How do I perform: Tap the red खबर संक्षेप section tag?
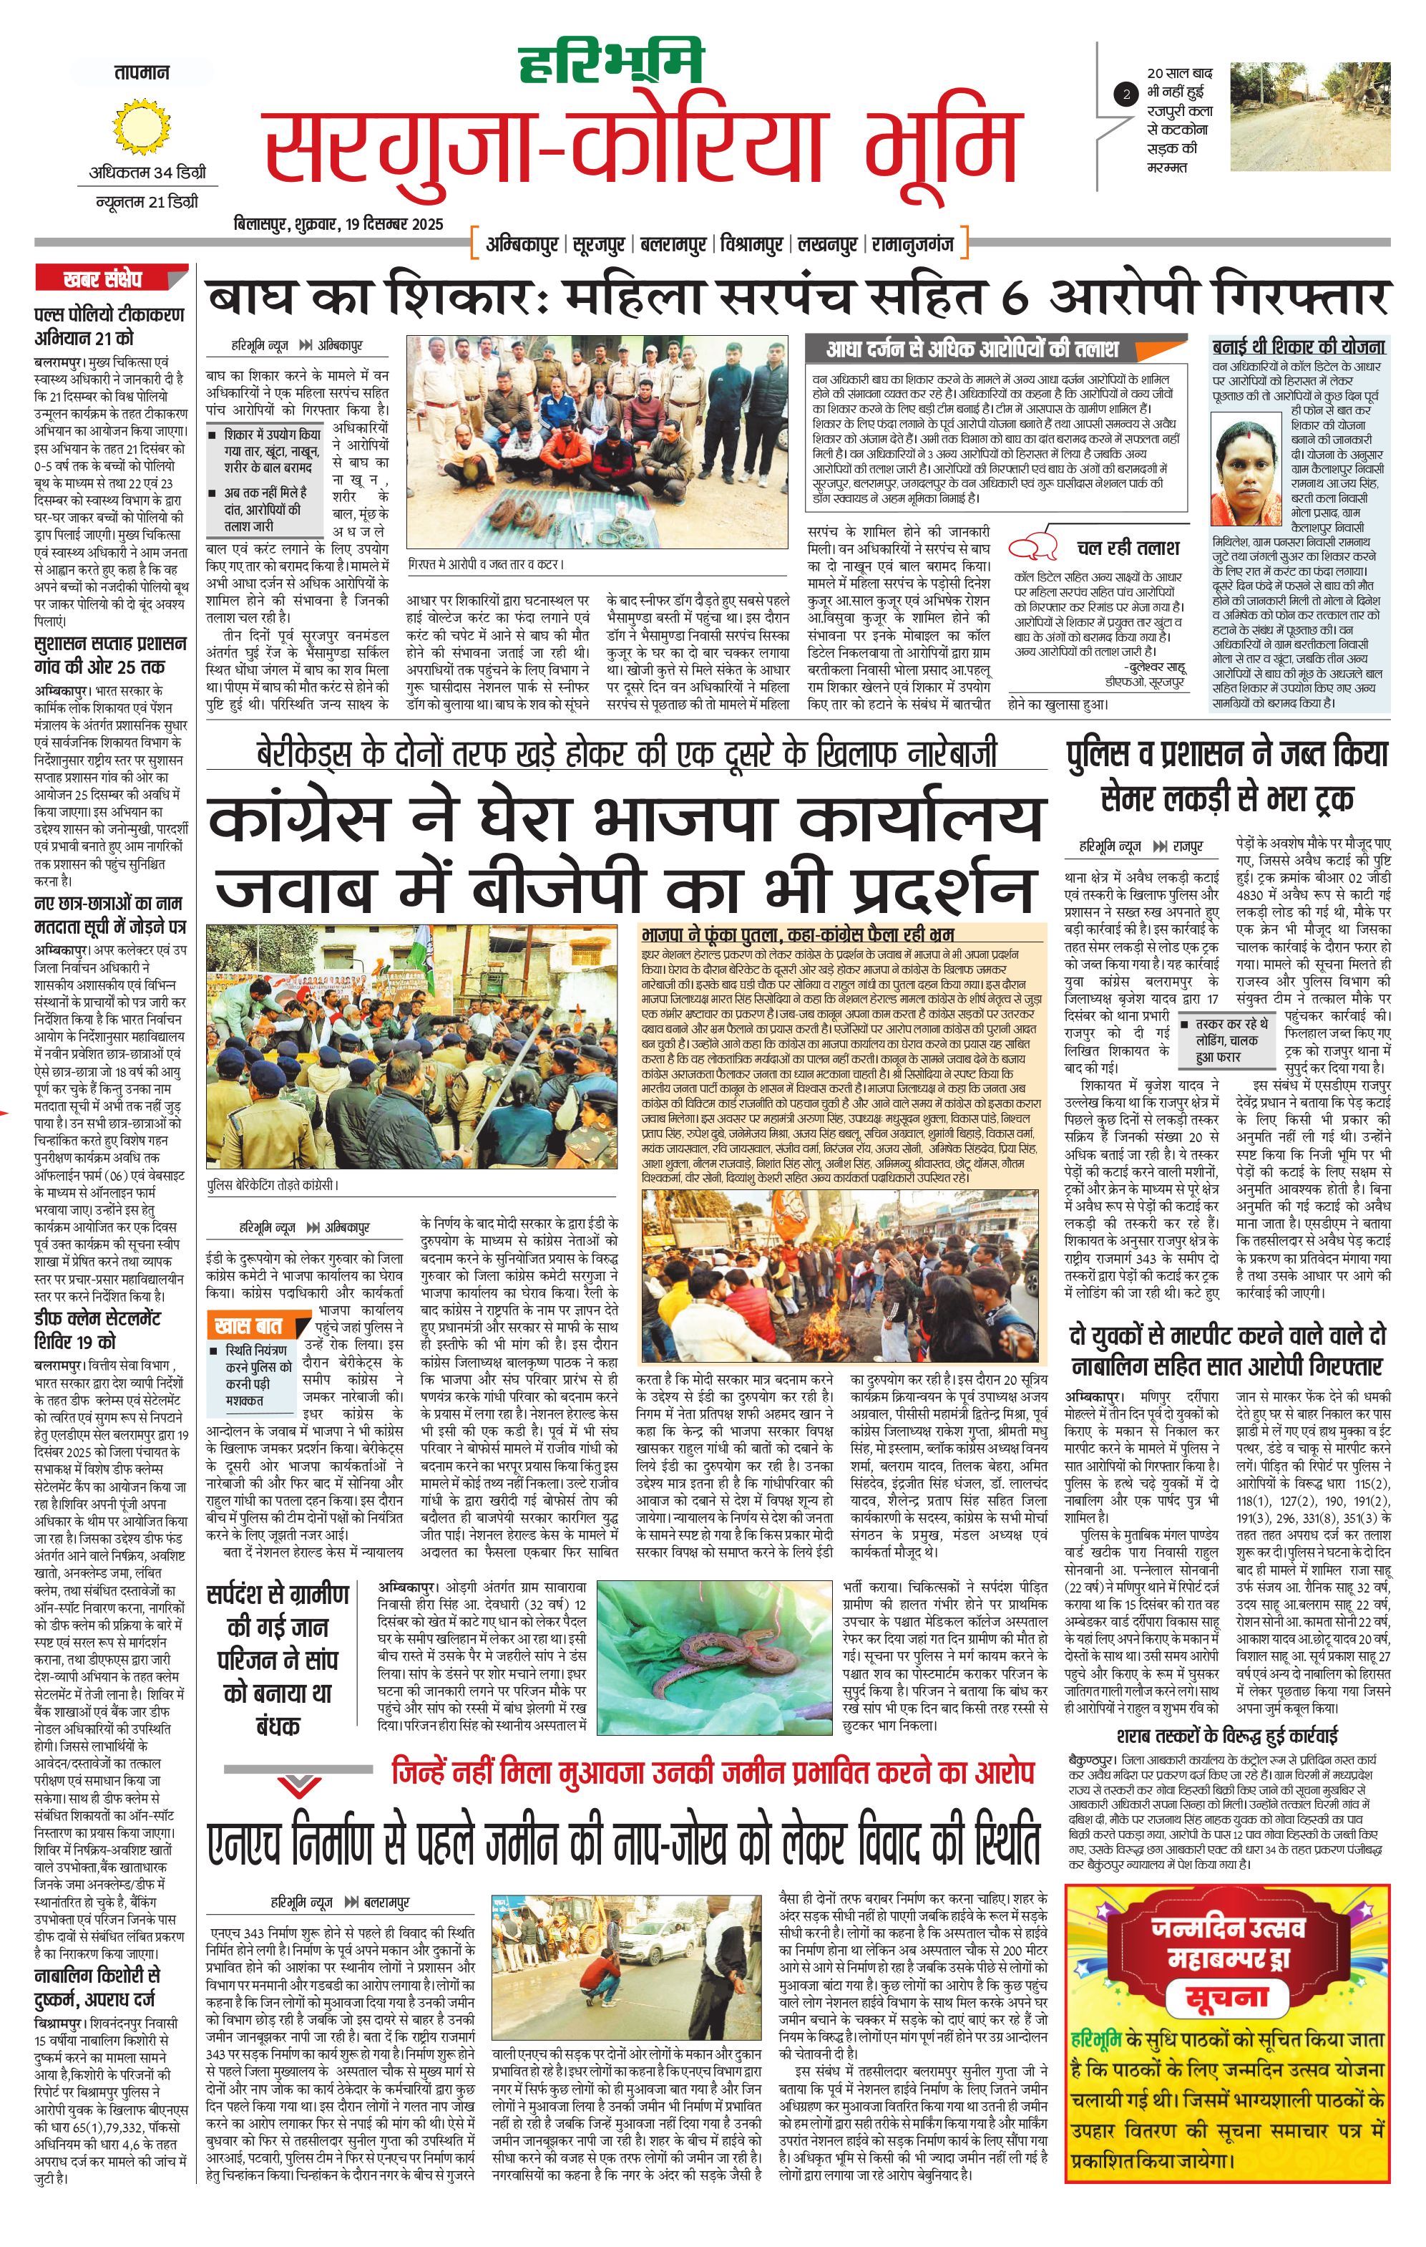(102, 278)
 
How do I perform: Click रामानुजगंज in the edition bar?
(912, 246)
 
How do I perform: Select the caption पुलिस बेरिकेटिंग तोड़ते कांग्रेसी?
(273, 1185)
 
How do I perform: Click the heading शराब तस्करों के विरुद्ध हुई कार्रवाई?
(1226, 1736)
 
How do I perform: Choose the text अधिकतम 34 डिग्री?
(147, 173)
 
